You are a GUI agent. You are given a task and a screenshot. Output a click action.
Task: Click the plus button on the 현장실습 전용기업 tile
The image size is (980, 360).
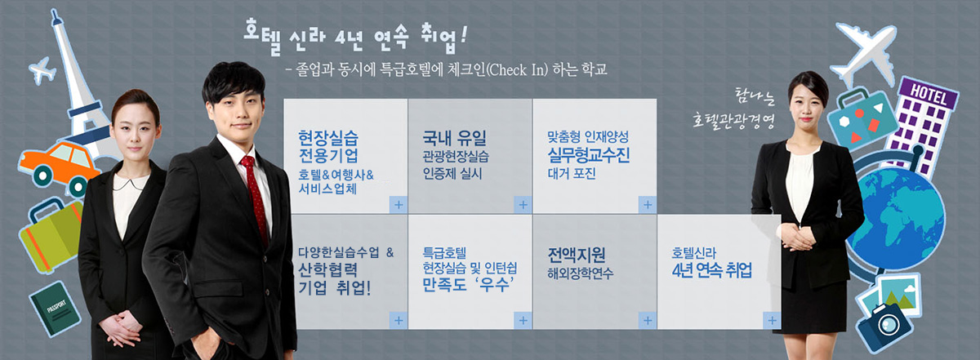click(x=399, y=204)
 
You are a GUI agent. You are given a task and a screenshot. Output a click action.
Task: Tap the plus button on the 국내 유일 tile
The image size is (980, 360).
click(x=523, y=204)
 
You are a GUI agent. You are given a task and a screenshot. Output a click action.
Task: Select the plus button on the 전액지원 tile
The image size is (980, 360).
click(x=647, y=321)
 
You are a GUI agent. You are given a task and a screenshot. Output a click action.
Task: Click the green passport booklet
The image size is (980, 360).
click(x=56, y=309)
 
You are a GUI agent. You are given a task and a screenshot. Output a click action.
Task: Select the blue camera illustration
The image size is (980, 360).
click(x=884, y=326)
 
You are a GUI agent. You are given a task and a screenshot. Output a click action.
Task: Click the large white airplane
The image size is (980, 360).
click(x=864, y=52)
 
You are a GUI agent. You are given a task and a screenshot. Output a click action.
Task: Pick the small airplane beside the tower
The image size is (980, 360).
click(x=42, y=70)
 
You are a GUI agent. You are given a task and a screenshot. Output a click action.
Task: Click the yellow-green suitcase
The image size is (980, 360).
click(x=51, y=235)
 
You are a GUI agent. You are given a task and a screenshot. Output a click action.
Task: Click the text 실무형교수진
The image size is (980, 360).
click(x=589, y=155)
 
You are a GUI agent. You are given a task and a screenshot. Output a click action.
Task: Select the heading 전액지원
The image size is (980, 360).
click(x=577, y=255)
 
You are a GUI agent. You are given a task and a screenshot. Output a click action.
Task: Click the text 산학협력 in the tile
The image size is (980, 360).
click(x=327, y=269)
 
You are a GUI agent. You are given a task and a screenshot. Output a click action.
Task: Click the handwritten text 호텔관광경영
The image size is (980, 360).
click(x=733, y=120)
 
